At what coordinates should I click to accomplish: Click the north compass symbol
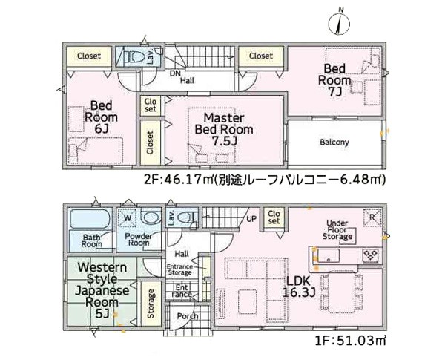tap(339, 22)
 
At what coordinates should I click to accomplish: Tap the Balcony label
tap(334, 142)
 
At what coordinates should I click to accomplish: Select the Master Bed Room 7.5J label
tap(224, 129)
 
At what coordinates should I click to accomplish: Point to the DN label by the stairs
tap(175, 73)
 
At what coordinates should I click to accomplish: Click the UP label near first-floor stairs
tap(251, 219)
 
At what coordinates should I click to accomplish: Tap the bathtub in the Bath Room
tap(90, 219)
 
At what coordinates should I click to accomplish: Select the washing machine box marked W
tap(128, 218)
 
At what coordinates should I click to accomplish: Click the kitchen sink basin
tap(329, 255)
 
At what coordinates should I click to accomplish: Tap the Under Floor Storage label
tap(337, 230)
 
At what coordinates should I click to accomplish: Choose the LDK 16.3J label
tap(299, 287)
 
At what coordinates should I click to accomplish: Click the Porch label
tap(188, 316)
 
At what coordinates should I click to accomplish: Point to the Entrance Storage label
tap(179, 269)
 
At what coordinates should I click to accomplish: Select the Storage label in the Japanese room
tap(151, 304)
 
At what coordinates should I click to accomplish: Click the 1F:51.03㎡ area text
tap(351, 340)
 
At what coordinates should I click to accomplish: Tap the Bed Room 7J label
tap(334, 80)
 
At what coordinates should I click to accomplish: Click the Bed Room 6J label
tap(102, 117)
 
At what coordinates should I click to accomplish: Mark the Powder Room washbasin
tap(151, 218)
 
